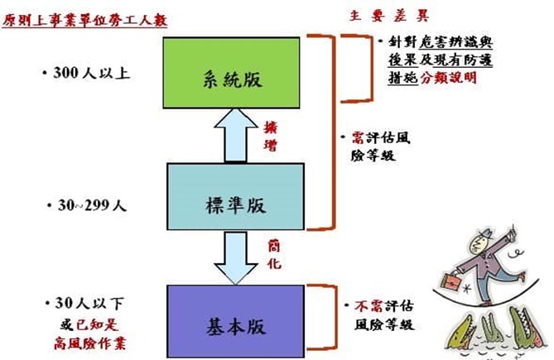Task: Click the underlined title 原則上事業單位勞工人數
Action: tap(84, 18)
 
